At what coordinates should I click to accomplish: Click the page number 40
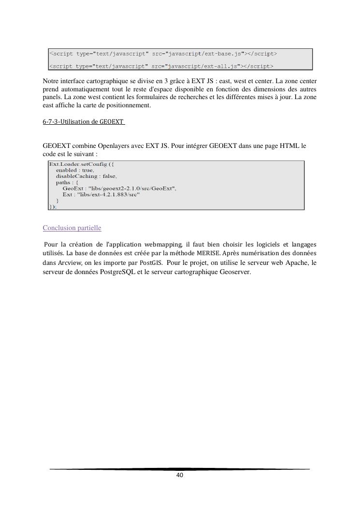point(180,475)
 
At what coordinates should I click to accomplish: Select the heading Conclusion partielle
point(72,228)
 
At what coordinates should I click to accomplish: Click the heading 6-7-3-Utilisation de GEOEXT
point(84,122)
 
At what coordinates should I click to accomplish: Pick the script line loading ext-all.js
point(161,66)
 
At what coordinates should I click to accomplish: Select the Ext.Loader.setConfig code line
point(81,164)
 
